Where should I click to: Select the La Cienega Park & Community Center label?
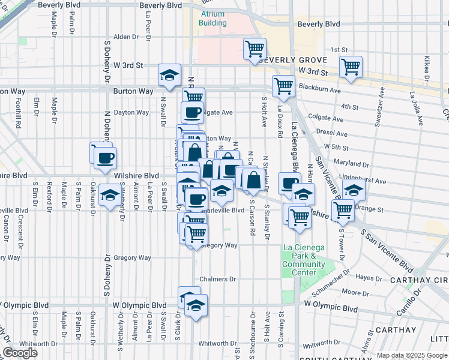click(x=304, y=260)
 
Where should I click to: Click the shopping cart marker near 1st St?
click(x=255, y=49)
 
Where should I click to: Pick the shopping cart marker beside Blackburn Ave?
click(x=283, y=85)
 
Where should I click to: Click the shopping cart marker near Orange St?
click(x=343, y=210)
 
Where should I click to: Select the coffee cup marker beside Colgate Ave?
click(x=193, y=112)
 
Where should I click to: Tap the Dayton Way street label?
click(x=131, y=112)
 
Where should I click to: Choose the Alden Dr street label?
click(x=126, y=37)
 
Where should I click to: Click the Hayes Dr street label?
click(x=365, y=277)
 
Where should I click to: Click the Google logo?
click(x=20, y=353)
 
